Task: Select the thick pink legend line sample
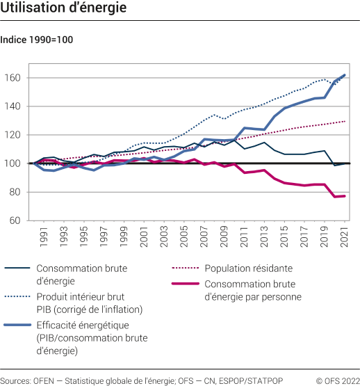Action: (185, 284)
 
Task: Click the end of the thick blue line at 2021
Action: (345, 75)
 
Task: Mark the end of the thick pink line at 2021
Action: (345, 196)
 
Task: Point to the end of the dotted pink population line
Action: (345, 121)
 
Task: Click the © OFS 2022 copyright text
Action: (336, 380)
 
